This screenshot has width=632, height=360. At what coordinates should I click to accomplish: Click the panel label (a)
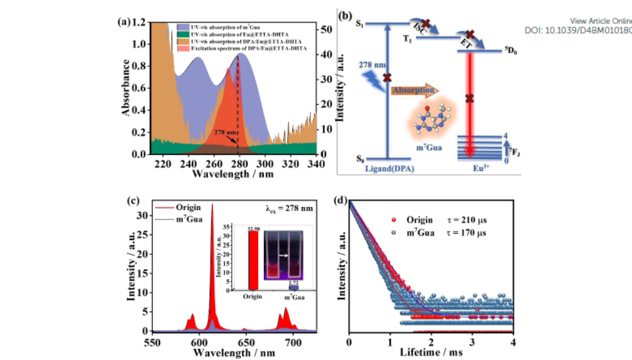[x=124, y=21]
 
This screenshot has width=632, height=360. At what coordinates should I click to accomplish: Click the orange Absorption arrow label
[x=413, y=90]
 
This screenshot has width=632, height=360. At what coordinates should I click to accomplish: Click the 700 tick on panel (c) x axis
[x=293, y=339]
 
